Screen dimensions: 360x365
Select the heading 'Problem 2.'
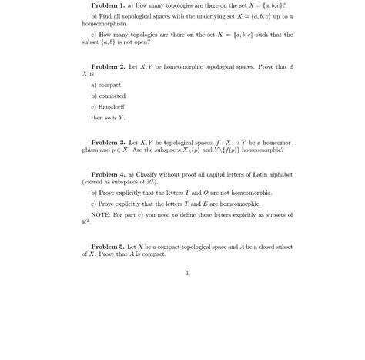(x=112, y=67)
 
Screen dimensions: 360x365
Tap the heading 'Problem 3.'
(x=112, y=143)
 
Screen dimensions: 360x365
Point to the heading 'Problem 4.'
(x=112, y=174)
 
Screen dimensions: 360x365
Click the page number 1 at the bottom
(x=186, y=272)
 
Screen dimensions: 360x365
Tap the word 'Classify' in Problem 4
(x=153, y=174)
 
